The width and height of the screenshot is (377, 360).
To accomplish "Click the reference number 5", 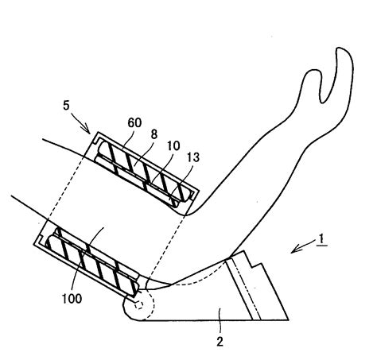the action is (66, 106).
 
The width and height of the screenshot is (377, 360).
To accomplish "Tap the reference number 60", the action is (134, 122).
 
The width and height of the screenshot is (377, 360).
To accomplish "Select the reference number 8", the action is (154, 134).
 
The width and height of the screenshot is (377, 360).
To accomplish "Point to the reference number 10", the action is (173, 145).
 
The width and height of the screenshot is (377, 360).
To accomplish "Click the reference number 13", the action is (193, 157).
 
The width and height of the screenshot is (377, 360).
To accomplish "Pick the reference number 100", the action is (72, 299).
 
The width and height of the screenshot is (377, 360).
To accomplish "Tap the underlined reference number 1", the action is (321, 239).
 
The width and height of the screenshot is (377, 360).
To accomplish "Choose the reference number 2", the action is (220, 342).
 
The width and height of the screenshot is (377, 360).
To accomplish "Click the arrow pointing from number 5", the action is (81, 122).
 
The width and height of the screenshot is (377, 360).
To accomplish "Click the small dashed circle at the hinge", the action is (138, 305).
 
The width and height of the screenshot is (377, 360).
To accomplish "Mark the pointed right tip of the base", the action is (288, 320).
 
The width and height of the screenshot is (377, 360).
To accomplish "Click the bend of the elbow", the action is (185, 215).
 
